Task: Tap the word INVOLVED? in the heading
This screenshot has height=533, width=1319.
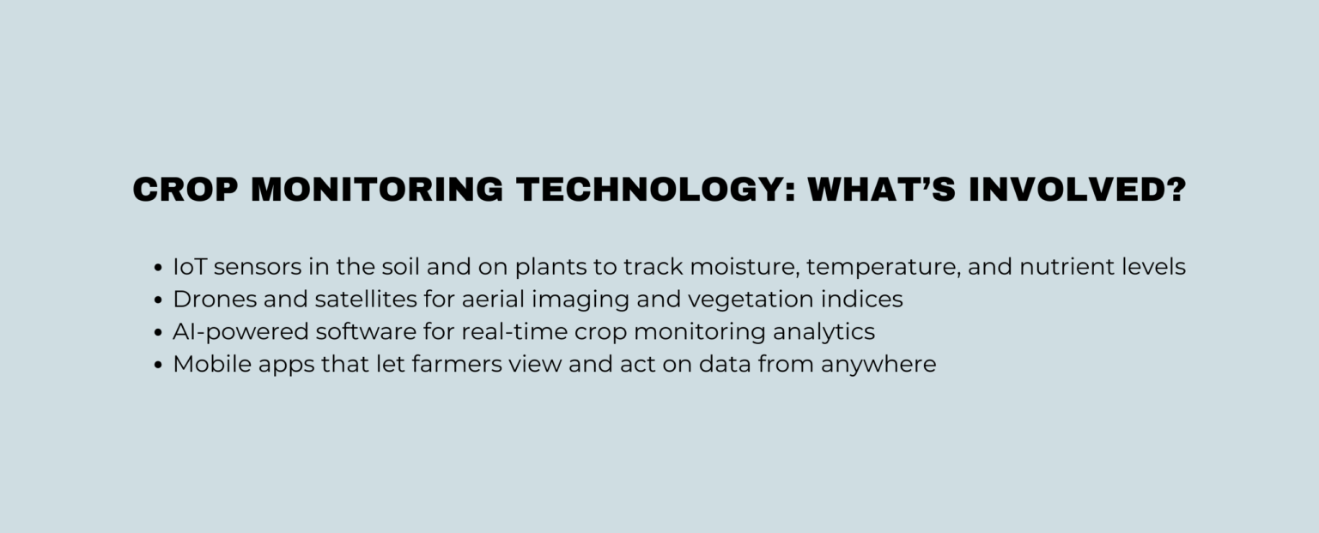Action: (x=1077, y=190)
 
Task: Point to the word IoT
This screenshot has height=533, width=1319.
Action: (x=190, y=267)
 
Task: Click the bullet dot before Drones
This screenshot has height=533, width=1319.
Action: (x=158, y=300)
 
